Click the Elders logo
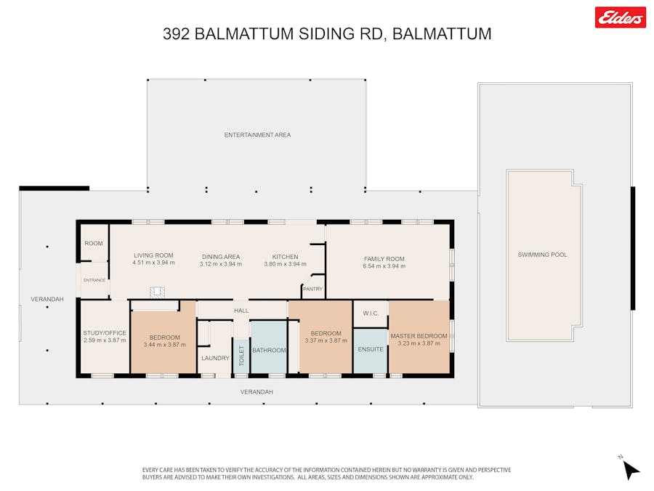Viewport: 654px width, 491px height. pos(621,17)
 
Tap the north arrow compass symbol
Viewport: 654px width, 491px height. pos(630,468)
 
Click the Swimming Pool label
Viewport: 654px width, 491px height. pos(542,255)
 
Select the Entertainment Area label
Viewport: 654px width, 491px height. pos(257,135)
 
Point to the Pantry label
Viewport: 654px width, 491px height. pos(312,289)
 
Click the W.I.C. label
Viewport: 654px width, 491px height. pos(371,313)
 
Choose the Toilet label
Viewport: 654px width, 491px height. pos(241,356)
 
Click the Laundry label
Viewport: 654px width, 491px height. pos(215,358)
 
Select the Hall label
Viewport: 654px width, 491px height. pos(241,311)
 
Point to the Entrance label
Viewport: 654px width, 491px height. pos(94,280)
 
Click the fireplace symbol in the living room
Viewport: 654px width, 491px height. pos(157,292)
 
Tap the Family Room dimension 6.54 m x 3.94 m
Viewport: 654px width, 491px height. pos(384,266)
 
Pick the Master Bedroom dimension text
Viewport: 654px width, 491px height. pos(419,343)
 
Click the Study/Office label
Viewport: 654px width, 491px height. pos(104,332)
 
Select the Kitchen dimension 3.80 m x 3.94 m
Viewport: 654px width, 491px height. pos(285,264)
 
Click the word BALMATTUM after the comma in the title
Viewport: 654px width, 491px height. pos(442,33)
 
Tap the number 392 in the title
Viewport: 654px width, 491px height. pos(176,33)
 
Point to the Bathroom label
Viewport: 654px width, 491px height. pos(269,351)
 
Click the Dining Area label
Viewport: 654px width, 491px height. pos(221,257)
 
